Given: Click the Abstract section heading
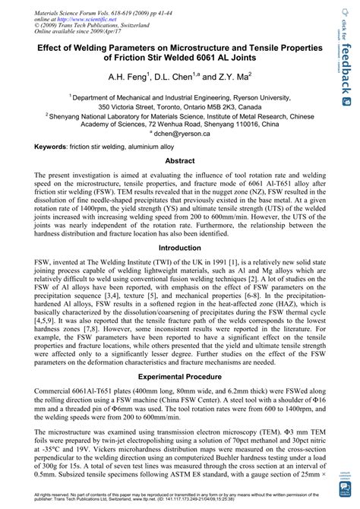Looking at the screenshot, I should tap(180, 162).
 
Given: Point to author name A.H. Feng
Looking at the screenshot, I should tap(130, 77).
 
